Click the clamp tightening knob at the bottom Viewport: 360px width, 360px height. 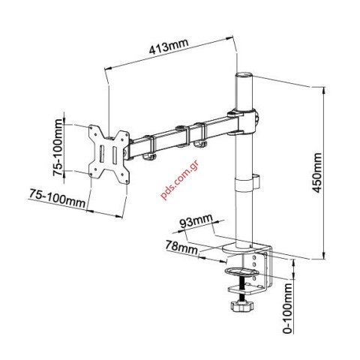(x=239, y=307)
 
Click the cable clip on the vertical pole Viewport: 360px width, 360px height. (x=253, y=181)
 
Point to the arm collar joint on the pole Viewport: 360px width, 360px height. (x=248, y=120)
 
